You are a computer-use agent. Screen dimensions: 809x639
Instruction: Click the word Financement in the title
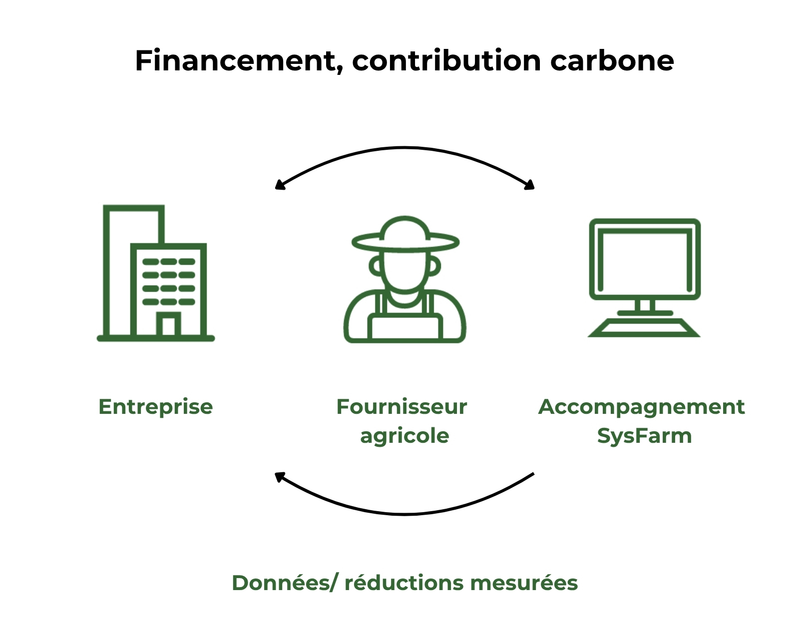tap(235, 61)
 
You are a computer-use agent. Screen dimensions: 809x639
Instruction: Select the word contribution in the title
tap(446, 61)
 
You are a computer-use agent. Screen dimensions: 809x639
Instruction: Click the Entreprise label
tap(155, 407)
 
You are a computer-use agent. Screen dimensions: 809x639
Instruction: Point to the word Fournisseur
tap(402, 407)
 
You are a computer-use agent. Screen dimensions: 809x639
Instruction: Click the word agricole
tap(404, 436)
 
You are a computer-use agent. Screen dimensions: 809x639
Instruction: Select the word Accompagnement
tap(641, 407)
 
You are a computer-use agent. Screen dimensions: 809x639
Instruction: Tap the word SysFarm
tap(644, 436)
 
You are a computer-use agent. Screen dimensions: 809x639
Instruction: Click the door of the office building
tap(168, 326)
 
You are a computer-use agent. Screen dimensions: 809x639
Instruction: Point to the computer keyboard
tap(644, 328)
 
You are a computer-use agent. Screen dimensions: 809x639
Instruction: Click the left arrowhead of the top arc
tap(279, 185)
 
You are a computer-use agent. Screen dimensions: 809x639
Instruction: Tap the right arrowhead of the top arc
tap(530, 185)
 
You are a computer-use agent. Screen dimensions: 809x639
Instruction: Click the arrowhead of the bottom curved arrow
tap(279, 476)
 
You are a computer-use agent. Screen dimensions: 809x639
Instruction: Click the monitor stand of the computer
tap(645, 306)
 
